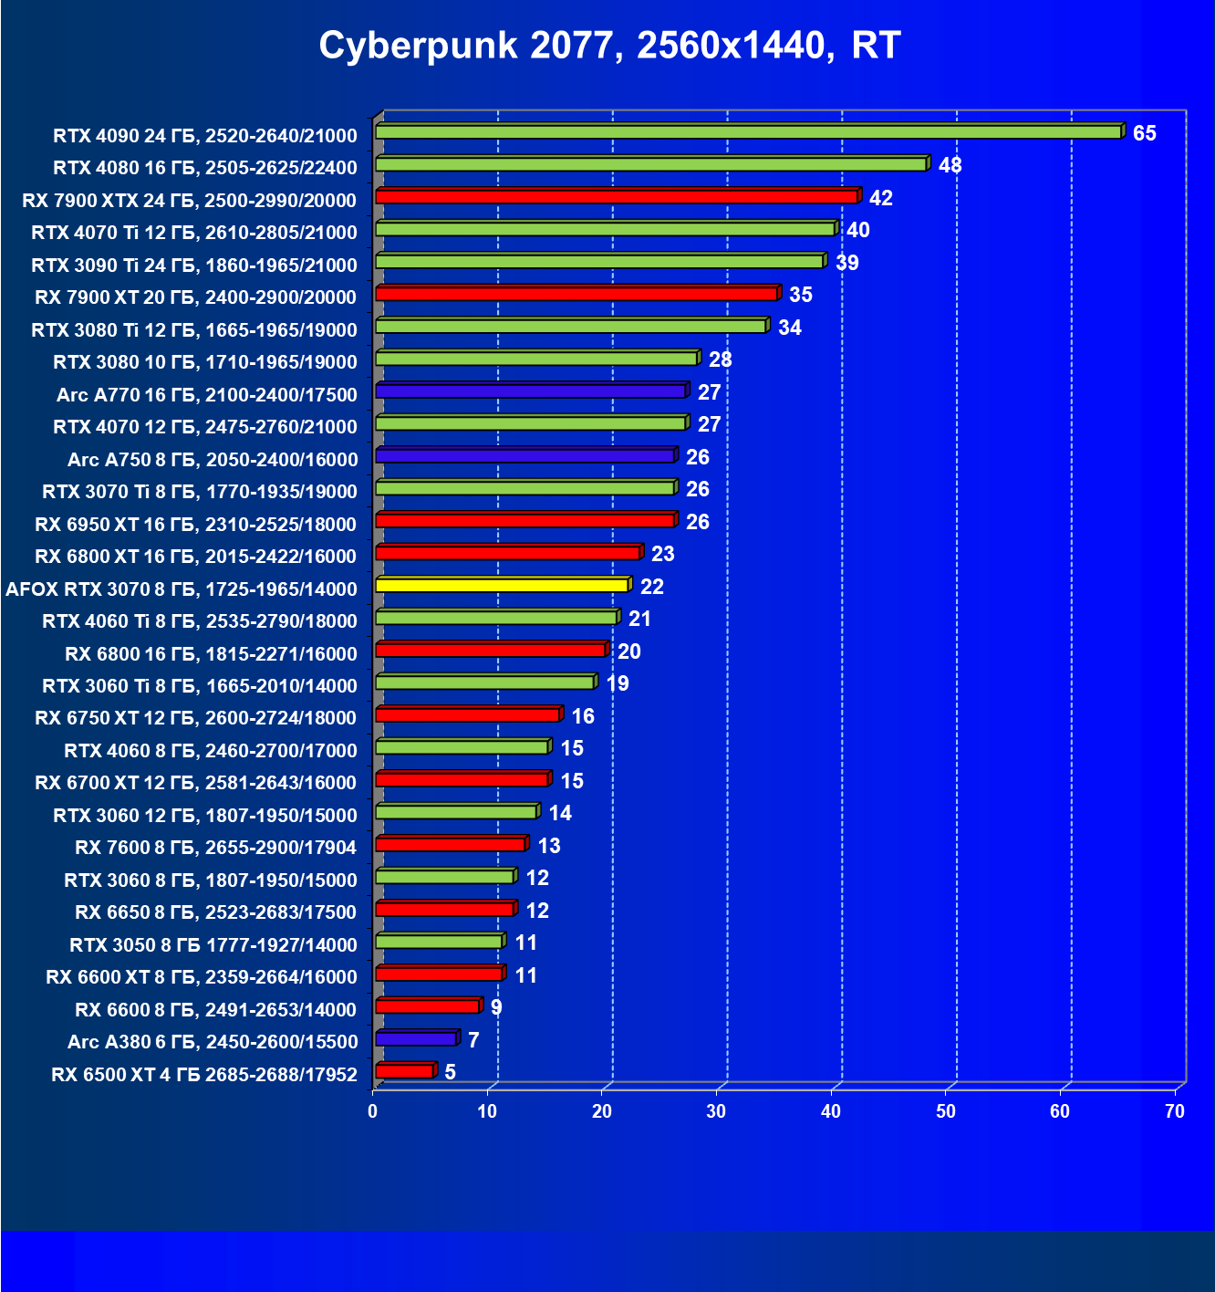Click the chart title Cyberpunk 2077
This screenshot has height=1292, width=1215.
coord(609,45)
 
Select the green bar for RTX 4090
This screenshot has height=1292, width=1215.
coord(748,132)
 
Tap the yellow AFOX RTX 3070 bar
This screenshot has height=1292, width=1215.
coord(502,585)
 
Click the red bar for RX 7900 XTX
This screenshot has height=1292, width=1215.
coord(616,197)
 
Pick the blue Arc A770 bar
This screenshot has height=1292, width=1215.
coord(530,391)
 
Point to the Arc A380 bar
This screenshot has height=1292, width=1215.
coord(415,1039)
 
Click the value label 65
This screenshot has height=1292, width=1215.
coord(1144,134)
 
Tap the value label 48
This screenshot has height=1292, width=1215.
coord(950,166)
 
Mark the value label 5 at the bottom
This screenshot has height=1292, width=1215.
coord(450,1072)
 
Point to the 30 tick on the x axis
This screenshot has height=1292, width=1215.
coord(716,1111)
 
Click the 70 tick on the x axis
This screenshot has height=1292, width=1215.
coord(1175,1111)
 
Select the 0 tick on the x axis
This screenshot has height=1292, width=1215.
coord(372,1111)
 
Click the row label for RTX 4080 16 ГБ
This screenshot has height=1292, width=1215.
coord(205,168)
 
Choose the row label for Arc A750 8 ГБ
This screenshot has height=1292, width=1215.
coord(213,460)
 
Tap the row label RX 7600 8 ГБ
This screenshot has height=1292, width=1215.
coord(216,848)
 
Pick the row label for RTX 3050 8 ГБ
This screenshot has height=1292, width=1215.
coord(213,945)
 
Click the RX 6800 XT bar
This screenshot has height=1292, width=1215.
coord(507,553)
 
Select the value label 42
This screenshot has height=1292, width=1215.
coord(880,199)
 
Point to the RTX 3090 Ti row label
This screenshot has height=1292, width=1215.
coord(194,266)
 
